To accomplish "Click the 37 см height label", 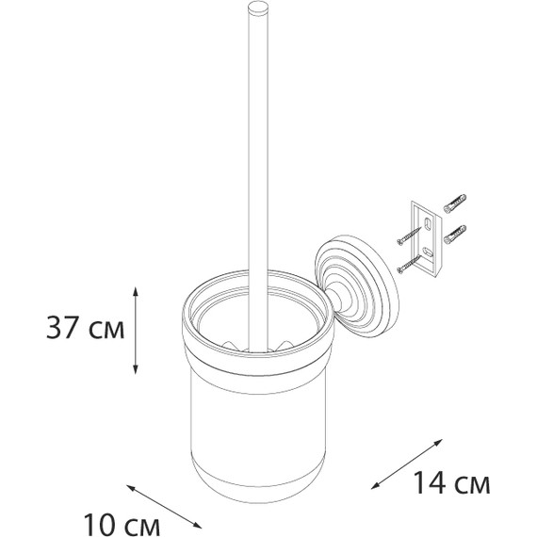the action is [86, 328].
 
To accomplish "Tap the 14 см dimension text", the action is [451, 482].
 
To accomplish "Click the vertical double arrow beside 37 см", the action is [136, 330].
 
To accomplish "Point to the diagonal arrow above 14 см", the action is [407, 464].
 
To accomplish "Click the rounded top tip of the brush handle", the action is [258, 8].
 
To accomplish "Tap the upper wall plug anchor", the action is [455, 203].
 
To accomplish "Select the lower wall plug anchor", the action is [455, 235].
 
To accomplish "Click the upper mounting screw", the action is [409, 236].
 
